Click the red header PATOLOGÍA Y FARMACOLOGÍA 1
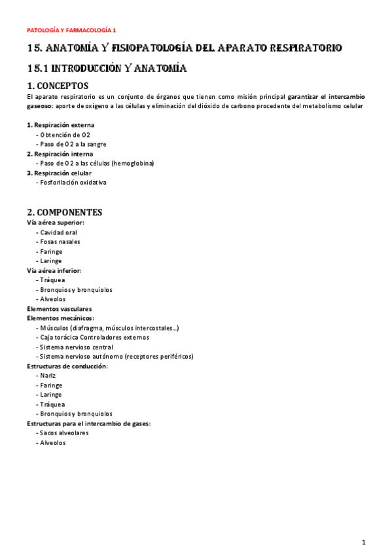click(x=71, y=30)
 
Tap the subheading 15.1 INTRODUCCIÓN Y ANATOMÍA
click(x=107, y=68)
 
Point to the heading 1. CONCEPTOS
click(x=58, y=86)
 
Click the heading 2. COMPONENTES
click(x=64, y=212)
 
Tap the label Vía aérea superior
click(x=55, y=223)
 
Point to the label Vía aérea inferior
click(x=54, y=270)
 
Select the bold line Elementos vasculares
click(x=59, y=309)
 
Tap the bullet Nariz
click(x=47, y=376)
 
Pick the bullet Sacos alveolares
click(x=64, y=433)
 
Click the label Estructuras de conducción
click(x=67, y=366)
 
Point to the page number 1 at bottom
click(x=363, y=542)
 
